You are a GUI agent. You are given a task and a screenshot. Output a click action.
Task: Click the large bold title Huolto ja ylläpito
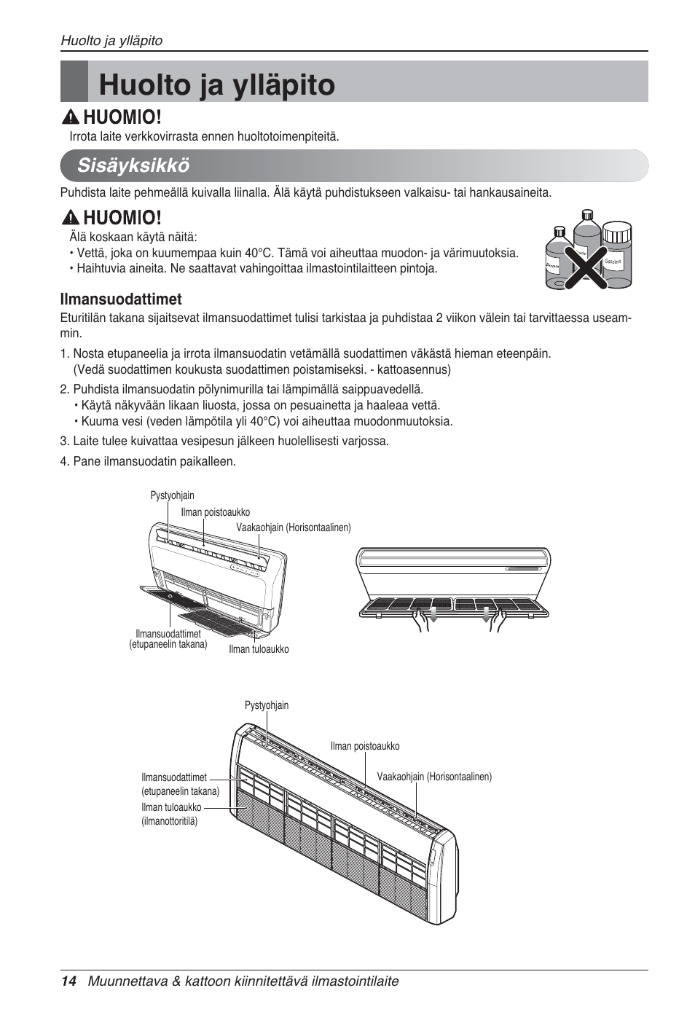(x=216, y=85)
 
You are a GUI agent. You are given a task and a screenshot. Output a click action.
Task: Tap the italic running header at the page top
(x=111, y=41)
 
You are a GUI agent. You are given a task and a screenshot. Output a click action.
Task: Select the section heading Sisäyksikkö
(x=133, y=165)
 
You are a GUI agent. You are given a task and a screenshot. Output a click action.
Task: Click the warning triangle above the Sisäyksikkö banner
(x=71, y=117)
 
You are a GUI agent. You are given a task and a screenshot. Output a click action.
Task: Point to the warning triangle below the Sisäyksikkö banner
(x=71, y=217)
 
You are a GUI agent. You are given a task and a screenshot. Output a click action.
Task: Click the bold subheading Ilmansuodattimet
(x=121, y=299)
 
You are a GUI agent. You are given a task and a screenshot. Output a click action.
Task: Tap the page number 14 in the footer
(x=68, y=981)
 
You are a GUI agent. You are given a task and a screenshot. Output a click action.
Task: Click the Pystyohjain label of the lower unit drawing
(x=267, y=705)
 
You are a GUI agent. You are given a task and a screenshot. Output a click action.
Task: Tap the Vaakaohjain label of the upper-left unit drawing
(x=293, y=527)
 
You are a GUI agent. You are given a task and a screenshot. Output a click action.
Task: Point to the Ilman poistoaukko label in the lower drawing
(x=365, y=746)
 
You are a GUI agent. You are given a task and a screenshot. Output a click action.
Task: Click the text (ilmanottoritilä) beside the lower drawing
(x=170, y=821)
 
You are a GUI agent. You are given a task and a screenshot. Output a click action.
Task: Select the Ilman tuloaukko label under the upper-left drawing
(x=259, y=649)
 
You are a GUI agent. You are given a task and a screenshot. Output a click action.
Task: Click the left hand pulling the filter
(x=420, y=621)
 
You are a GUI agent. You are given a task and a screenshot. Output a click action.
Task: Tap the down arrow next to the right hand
(x=486, y=613)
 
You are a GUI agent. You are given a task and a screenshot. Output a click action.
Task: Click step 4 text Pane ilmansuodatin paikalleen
(x=148, y=461)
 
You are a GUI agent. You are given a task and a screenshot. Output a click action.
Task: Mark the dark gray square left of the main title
(x=74, y=82)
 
